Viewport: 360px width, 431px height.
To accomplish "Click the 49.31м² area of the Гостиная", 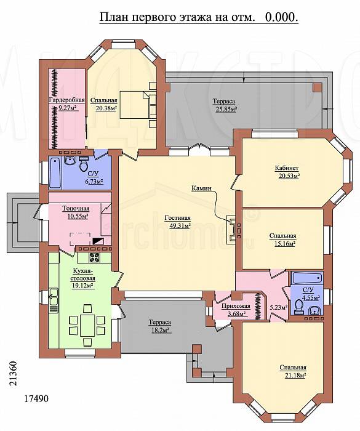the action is pyautogui.click(x=177, y=226).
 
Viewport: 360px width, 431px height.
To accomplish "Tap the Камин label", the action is pyautogui.click(x=201, y=188).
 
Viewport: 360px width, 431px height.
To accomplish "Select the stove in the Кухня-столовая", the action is pyautogui.click(x=94, y=257).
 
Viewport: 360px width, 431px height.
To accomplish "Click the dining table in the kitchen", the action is pyautogui.click(x=87, y=326).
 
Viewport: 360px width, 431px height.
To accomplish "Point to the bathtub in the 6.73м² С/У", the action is pyautogui.click(x=55, y=172).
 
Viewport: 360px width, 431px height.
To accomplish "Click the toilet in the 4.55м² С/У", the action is pyautogui.click(x=298, y=307).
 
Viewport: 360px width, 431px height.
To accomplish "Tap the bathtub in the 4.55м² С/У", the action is pyautogui.click(x=306, y=278).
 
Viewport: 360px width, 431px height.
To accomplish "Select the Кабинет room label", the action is pyautogui.click(x=287, y=168).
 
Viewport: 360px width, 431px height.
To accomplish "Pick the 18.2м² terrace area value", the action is pyautogui.click(x=159, y=330).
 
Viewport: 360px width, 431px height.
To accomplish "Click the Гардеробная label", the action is pyautogui.click(x=66, y=100).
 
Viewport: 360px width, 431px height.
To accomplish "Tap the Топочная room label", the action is pyautogui.click(x=76, y=208).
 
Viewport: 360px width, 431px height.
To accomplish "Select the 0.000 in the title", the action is pyautogui.click(x=281, y=17).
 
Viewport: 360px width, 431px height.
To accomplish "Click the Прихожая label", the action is pyautogui.click(x=236, y=306).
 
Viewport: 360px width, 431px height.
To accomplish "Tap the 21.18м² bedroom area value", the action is pyautogui.click(x=295, y=375).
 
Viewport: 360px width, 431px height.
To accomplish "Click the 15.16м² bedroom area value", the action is pyautogui.click(x=284, y=244).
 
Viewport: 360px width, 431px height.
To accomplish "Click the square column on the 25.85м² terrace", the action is pyautogui.click(x=317, y=87).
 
